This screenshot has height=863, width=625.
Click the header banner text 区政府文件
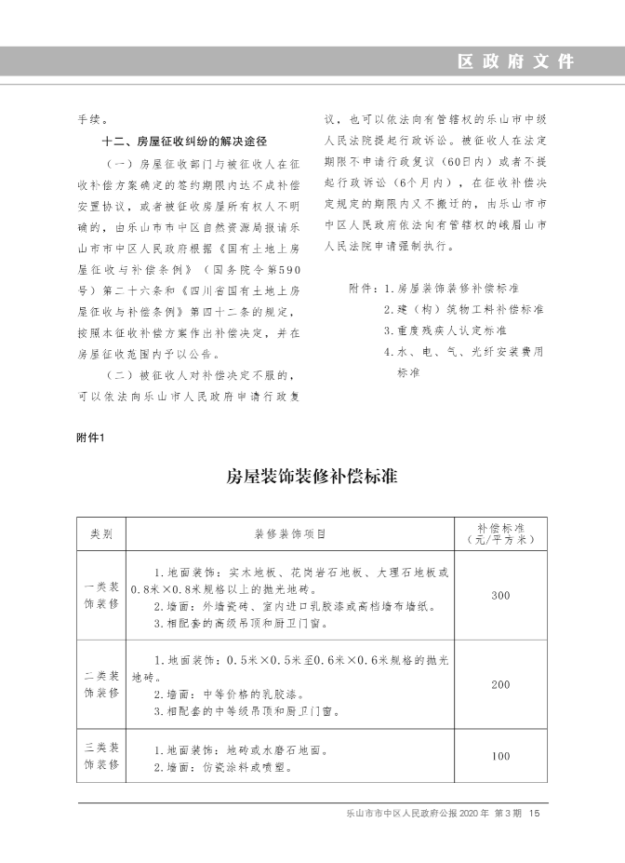514,61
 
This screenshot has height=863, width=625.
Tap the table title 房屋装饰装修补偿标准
312,478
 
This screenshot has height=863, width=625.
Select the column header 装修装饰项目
289,534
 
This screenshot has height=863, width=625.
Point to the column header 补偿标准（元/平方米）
500,533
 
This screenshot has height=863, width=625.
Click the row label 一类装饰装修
101,595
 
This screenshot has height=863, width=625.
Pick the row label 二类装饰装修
101,684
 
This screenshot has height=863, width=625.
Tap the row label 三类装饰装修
101,755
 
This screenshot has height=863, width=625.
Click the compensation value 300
500,595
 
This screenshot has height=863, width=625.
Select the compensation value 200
500,684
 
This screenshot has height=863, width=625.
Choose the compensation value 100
500,756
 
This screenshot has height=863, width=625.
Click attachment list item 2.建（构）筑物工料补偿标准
463,308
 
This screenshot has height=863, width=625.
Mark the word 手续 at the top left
92,119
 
